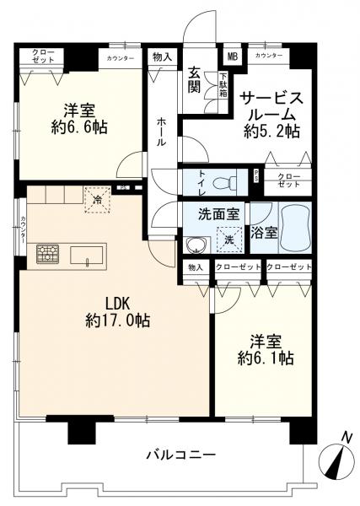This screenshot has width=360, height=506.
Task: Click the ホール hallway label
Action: point(161,132)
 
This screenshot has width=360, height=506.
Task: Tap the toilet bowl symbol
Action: point(223,181)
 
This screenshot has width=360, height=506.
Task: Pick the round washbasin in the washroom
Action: point(196,245)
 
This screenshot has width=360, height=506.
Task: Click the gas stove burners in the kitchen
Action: point(47,253)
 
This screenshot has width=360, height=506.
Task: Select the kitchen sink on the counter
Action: point(87,254)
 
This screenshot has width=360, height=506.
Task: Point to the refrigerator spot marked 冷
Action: point(97,199)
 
